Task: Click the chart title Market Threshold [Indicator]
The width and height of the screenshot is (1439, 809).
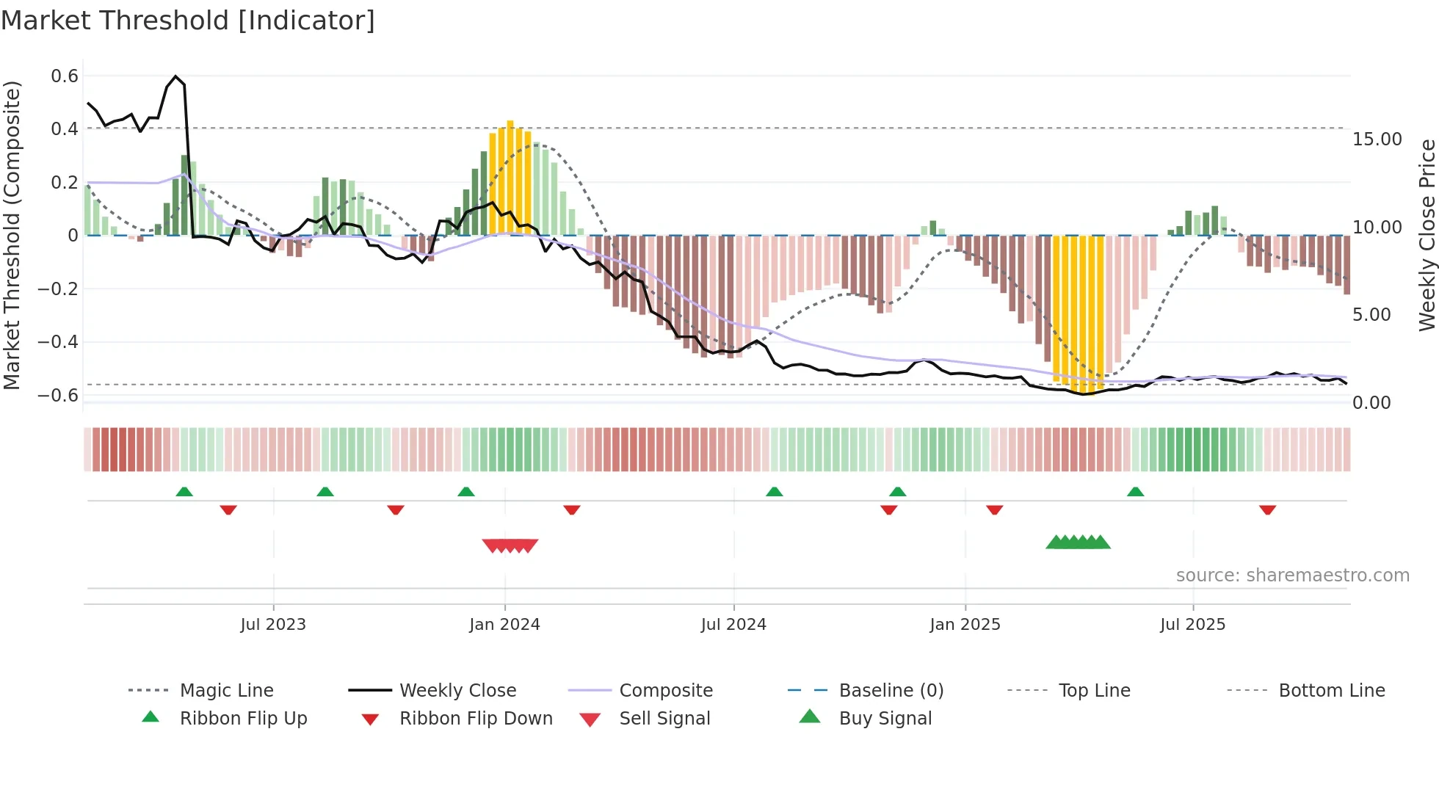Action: tap(188, 21)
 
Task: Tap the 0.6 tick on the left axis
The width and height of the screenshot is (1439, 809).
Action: tap(65, 76)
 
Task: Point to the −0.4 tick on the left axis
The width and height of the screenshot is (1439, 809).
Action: tap(58, 342)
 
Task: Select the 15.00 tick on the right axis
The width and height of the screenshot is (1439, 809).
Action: tap(1377, 139)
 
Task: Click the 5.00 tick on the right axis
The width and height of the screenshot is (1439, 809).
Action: tap(1371, 315)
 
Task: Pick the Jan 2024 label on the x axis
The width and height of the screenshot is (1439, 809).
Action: tap(504, 625)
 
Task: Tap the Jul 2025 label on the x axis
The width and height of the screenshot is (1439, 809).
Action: tap(1192, 625)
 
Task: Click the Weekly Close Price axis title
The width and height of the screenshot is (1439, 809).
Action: tap(1427, 235)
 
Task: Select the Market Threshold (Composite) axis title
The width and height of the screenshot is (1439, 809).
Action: tap(12, 235)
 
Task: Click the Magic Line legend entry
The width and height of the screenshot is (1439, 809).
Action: tap(226, 691)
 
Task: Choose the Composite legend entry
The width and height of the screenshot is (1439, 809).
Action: tap(665, 691)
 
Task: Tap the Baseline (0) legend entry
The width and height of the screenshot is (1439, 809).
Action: tap(891, 691)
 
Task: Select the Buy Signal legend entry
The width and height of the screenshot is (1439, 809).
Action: tap(885, 719)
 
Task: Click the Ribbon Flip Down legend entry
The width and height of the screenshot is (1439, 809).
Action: tap(475, 719)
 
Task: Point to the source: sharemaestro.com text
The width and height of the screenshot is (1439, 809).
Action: tap(1292, 576)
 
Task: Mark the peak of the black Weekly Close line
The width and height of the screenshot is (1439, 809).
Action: tap(175, 76)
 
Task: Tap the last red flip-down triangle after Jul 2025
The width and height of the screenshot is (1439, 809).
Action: tap(1267, 509)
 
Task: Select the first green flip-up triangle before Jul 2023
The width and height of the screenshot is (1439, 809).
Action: tap(184, 492)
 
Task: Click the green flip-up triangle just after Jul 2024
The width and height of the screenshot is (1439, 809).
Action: tap(774, 492)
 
